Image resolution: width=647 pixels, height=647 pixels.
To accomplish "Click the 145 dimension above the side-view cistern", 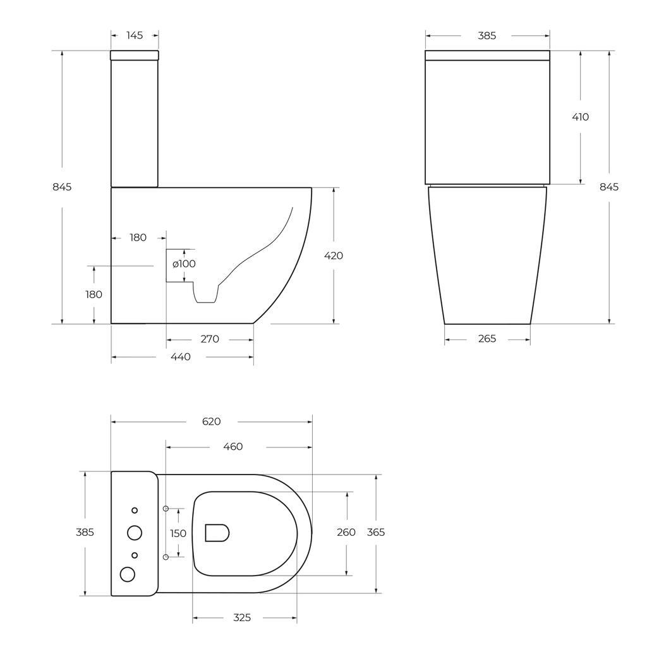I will (x=135, y=35).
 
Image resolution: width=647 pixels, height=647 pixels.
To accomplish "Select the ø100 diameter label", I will (x=184, y=263).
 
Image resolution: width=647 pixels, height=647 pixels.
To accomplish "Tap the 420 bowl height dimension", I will (x=333, y=256).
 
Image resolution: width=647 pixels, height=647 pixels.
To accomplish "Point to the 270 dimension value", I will (x=210, y=339).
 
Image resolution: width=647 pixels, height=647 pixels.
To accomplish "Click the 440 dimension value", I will (x=181, y=357).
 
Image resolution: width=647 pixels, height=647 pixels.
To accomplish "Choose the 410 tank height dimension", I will (x=580, y=117).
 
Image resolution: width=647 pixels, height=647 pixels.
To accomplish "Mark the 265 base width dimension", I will (x=487, y=339).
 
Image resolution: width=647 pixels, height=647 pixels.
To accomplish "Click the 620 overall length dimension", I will (x=211, y=421).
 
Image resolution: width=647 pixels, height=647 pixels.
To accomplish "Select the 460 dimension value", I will (x=233, y=447).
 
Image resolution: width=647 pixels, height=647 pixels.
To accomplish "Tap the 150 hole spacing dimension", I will (x=178, y=533).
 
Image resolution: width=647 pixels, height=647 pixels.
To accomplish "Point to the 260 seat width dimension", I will (x=346, y=533).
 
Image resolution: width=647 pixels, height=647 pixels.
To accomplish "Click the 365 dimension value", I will (x=376, y=533).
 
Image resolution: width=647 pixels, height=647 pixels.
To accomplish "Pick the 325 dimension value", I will (x=242, y=617).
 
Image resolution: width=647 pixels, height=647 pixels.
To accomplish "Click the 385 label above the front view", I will (x=487, y=36).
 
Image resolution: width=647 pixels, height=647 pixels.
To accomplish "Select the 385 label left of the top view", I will (x=85, y=533).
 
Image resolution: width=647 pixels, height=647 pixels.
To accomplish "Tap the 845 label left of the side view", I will (x=62, y=187).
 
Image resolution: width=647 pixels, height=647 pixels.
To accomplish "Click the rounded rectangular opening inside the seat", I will (x=217, y=533).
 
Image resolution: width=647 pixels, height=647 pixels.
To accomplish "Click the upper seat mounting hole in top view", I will (x=166, y=509).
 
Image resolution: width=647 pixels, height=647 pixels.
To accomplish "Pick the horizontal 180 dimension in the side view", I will (x=138, y=238).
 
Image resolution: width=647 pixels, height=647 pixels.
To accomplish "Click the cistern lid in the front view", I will (x=487, y=56).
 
